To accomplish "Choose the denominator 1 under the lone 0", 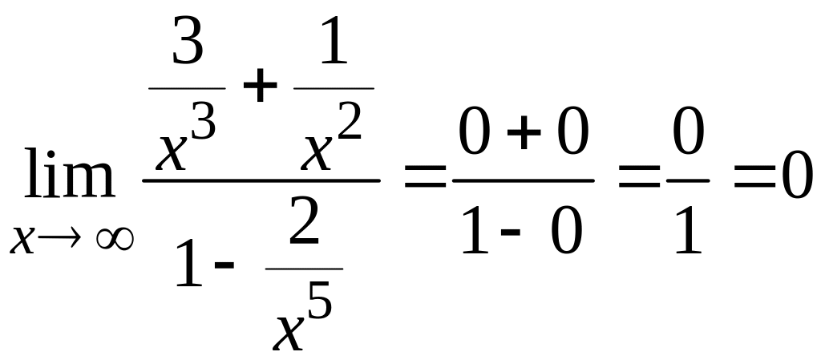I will (687, 229).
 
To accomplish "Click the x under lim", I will (23, 238).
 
